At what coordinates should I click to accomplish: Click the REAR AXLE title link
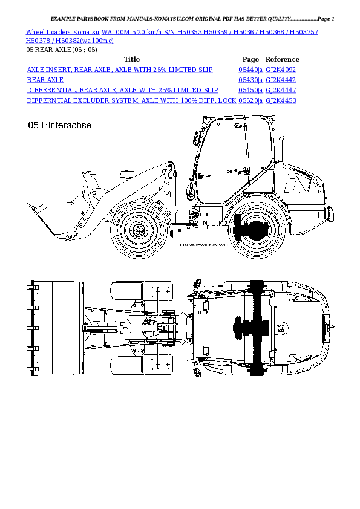pos(45,80)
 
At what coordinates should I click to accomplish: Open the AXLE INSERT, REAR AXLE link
pos(119,70)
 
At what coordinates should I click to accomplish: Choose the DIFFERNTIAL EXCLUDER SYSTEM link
pos(131,100)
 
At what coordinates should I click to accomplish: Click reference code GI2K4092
pos(281,70)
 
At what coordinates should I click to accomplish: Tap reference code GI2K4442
pos(281,80)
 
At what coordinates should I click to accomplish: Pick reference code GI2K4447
pos(281,89)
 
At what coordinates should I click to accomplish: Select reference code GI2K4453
pos(281,100)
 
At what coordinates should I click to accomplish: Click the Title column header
pos(131,60)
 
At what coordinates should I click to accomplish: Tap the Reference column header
pos(282,60)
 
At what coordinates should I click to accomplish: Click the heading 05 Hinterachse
pos(60,126)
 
